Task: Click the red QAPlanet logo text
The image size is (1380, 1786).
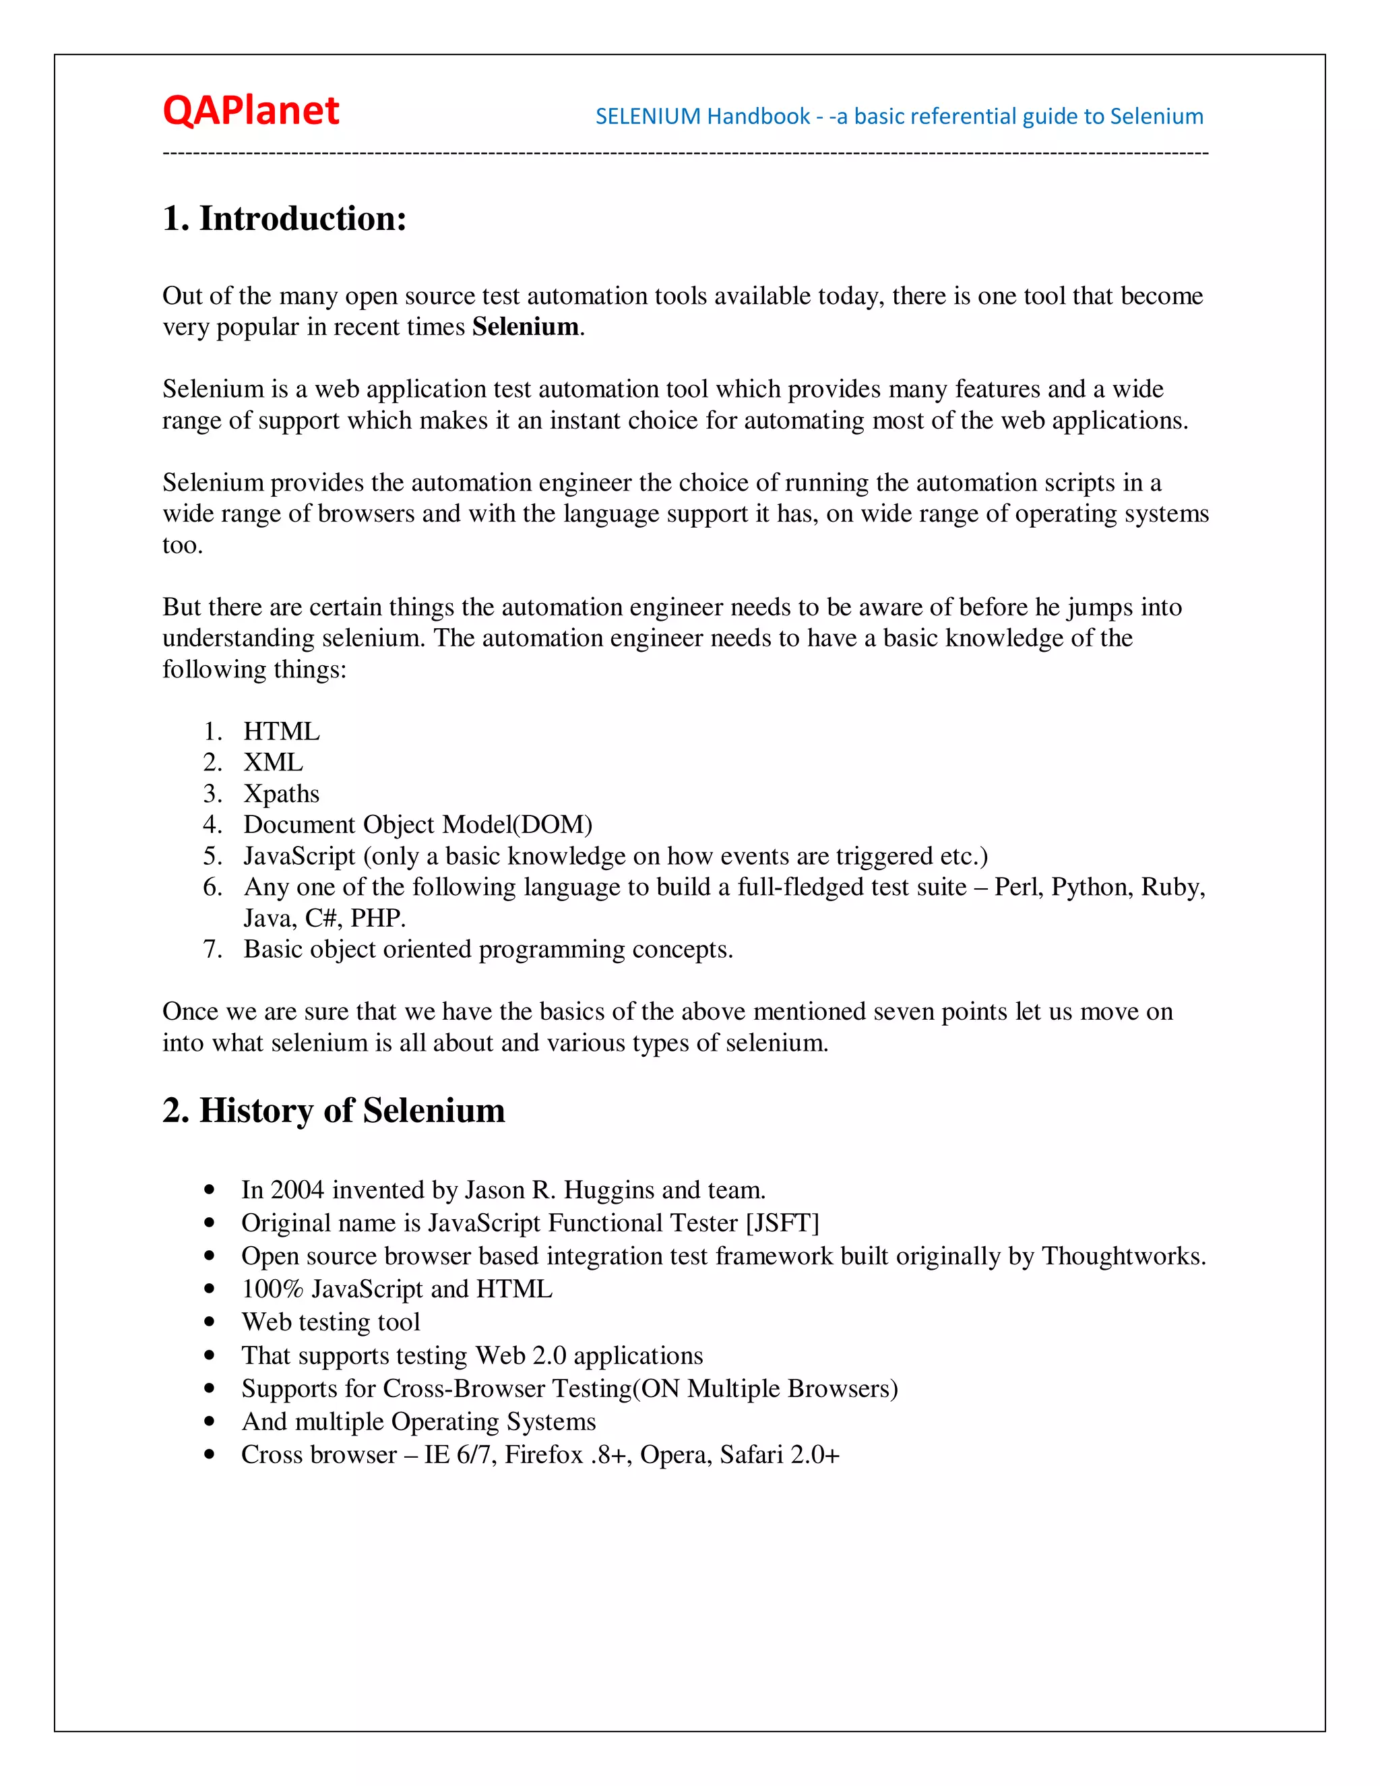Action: coord(250,111)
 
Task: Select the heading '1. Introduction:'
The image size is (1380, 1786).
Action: coord(284,219)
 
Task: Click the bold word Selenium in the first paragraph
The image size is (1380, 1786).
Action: coord(525,327)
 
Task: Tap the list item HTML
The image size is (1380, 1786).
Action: coord(281,731)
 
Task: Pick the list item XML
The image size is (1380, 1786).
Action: coord(273,762)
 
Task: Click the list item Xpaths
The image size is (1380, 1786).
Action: coord(281,794)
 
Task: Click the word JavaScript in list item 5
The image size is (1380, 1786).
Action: coord(299,856)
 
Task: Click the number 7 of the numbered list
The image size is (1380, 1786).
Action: coord(211,950)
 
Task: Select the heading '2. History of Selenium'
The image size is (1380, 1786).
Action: coord(334,1111)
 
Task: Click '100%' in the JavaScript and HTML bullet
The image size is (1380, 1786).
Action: coord(272,1289)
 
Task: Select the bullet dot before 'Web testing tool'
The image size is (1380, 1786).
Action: coord(210,1322)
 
